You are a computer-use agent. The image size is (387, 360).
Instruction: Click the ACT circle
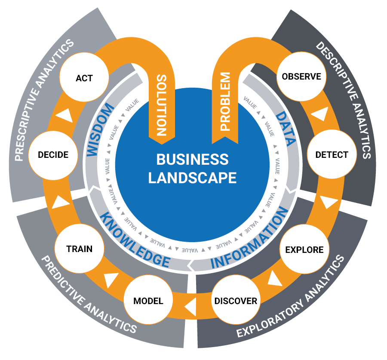[84, 78]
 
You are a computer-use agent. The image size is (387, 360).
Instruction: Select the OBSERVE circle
[301, 77]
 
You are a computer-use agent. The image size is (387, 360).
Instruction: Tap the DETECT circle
[332, 154]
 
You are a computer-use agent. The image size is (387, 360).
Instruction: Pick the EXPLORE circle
[304, 249]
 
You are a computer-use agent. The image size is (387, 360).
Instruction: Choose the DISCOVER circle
[236, 301]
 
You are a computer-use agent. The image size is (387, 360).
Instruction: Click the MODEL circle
[148, 301]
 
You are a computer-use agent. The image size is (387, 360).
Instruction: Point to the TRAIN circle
[80, 249]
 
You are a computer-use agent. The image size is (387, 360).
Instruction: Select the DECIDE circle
[53, 154]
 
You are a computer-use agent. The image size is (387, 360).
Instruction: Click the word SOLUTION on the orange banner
[162, 105]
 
